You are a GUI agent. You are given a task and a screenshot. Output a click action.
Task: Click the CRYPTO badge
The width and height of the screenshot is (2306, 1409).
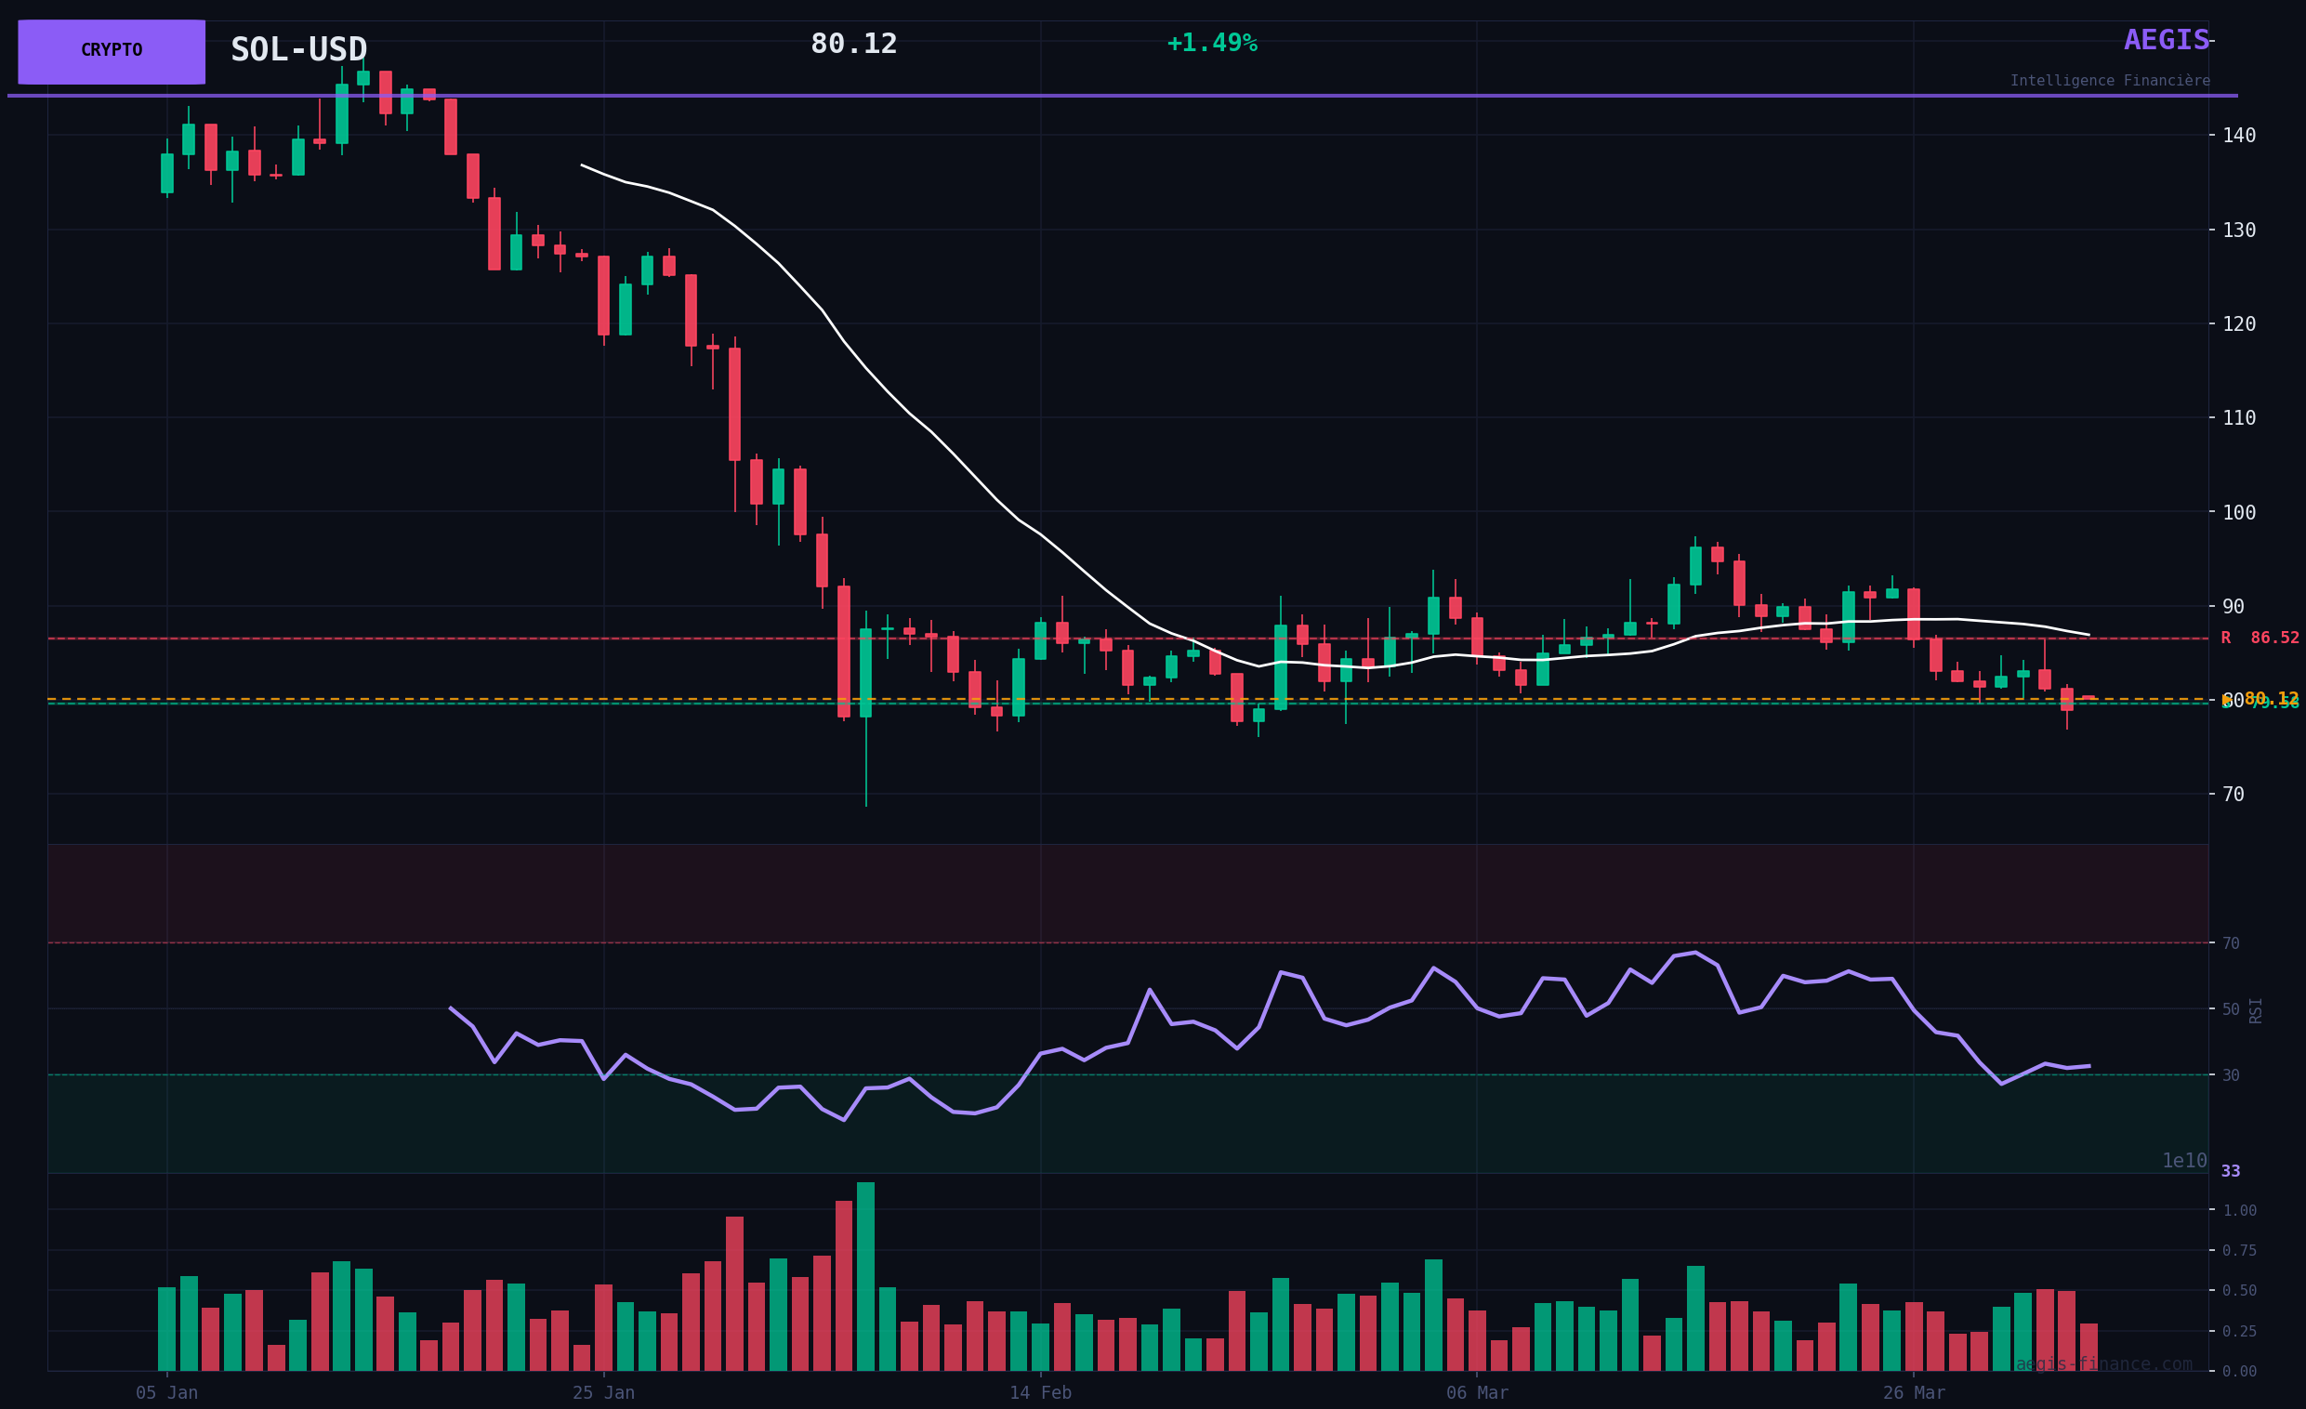112,51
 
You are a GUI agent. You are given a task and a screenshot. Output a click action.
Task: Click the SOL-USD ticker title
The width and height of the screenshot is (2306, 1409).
298,49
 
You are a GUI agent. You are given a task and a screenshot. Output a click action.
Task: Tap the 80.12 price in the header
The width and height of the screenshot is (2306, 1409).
853,44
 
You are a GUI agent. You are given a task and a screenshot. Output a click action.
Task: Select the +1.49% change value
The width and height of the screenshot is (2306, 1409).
1212,43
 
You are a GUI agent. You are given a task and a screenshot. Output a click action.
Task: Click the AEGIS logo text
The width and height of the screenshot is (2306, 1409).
2166,40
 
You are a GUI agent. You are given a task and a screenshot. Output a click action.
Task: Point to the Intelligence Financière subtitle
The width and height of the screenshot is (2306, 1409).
2110,82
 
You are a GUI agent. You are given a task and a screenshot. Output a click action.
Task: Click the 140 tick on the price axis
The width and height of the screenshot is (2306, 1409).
2239,136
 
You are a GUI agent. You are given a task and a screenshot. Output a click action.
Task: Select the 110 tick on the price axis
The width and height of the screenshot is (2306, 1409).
2239,418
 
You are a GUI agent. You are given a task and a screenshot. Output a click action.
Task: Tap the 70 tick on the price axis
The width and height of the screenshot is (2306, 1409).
2233,795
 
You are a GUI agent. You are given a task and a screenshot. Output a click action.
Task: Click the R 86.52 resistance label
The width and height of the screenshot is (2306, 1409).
2260,639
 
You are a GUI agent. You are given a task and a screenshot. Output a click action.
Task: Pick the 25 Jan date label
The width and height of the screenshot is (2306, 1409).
603,1393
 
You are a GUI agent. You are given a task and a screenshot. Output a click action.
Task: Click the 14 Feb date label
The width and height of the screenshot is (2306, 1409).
1040,1393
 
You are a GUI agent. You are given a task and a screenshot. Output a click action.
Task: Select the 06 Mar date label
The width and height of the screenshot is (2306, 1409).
1477,1393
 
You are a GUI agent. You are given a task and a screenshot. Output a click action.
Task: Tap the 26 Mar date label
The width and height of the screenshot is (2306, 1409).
1913,1393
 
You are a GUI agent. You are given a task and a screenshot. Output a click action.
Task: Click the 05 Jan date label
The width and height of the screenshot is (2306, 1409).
166,1393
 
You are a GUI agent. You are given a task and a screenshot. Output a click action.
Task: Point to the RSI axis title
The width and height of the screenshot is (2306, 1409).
2256,1010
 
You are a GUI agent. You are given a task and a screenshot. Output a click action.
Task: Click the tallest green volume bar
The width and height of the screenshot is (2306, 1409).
865,1277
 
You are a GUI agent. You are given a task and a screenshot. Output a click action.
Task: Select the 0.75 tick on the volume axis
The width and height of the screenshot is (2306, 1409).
2240,1251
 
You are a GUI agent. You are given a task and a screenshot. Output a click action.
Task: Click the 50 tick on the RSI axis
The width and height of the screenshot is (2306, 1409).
2231,1009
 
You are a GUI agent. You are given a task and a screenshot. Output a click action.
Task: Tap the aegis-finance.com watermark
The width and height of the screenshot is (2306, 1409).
2104,1364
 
